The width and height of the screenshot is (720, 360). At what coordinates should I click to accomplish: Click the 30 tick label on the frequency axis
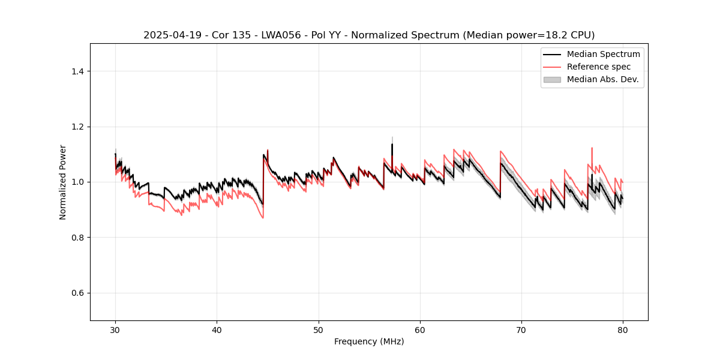pos(115,329)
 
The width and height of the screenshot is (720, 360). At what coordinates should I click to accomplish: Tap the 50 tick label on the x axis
pos(318,329)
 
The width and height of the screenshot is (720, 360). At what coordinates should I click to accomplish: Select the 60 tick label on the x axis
pos(420,329)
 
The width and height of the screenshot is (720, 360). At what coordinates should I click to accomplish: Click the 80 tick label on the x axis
pos(623,329)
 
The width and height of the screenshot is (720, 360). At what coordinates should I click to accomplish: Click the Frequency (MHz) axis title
pos(369,341)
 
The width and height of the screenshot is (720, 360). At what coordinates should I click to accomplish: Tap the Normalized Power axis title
pos(63,182)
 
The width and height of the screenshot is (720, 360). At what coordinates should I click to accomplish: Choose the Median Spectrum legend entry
pos(603,54)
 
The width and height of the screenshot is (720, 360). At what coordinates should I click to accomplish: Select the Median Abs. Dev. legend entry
pos(603,79)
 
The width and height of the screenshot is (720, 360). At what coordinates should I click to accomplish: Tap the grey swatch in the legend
pos(552,79)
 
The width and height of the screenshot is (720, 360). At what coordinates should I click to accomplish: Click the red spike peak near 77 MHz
pos(592,148)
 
